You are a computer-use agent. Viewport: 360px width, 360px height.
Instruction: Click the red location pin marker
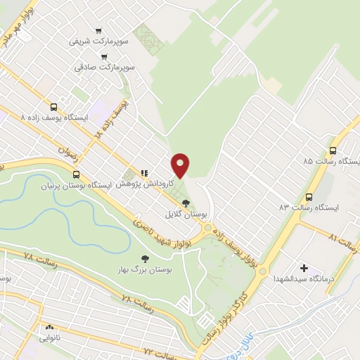pyautogui.click(x=181, y=165)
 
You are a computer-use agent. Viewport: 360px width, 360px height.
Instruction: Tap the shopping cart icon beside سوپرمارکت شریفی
pyautogui.click(x=98, y=30)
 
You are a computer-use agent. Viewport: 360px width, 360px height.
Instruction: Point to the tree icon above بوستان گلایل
pyautogui.click(x=186, y=202)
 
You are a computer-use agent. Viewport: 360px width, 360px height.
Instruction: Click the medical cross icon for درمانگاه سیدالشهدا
pyautogui.click(x=304, y=268)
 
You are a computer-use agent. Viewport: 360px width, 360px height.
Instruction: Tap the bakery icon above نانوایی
pyautogui.click(x=50, y=327)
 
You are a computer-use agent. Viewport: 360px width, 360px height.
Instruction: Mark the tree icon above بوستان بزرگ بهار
pyautogui.click(x=145, y=259)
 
